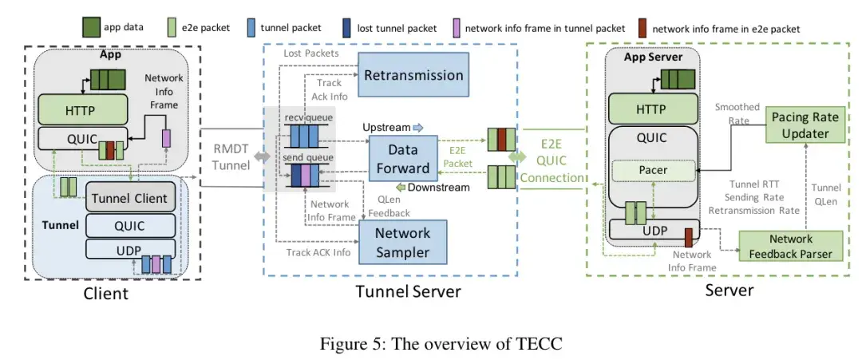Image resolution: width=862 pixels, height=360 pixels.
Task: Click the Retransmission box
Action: click(x=413, y=76)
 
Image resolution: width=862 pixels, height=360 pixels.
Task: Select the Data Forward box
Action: click(x=403, y=159)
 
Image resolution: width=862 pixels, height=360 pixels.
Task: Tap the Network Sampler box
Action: click(x=402, y=242)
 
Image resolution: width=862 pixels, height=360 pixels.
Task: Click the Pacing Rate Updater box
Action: click(x=805, y=125)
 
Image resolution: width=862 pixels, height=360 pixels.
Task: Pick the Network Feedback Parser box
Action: click(x=790, y=246)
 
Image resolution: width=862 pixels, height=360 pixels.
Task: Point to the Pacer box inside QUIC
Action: click(x=651, y=170)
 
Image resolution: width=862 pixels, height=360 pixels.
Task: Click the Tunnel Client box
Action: click(x=129, y=198)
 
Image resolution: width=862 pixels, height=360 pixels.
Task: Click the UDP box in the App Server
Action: click(x=651, y=230)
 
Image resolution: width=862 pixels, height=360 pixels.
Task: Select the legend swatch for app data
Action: click(x=91, y=28)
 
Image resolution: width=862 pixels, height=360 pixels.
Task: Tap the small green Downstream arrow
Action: click(x=400, y=188)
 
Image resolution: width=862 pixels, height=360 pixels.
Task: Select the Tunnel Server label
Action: click(x=408, y=291)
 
